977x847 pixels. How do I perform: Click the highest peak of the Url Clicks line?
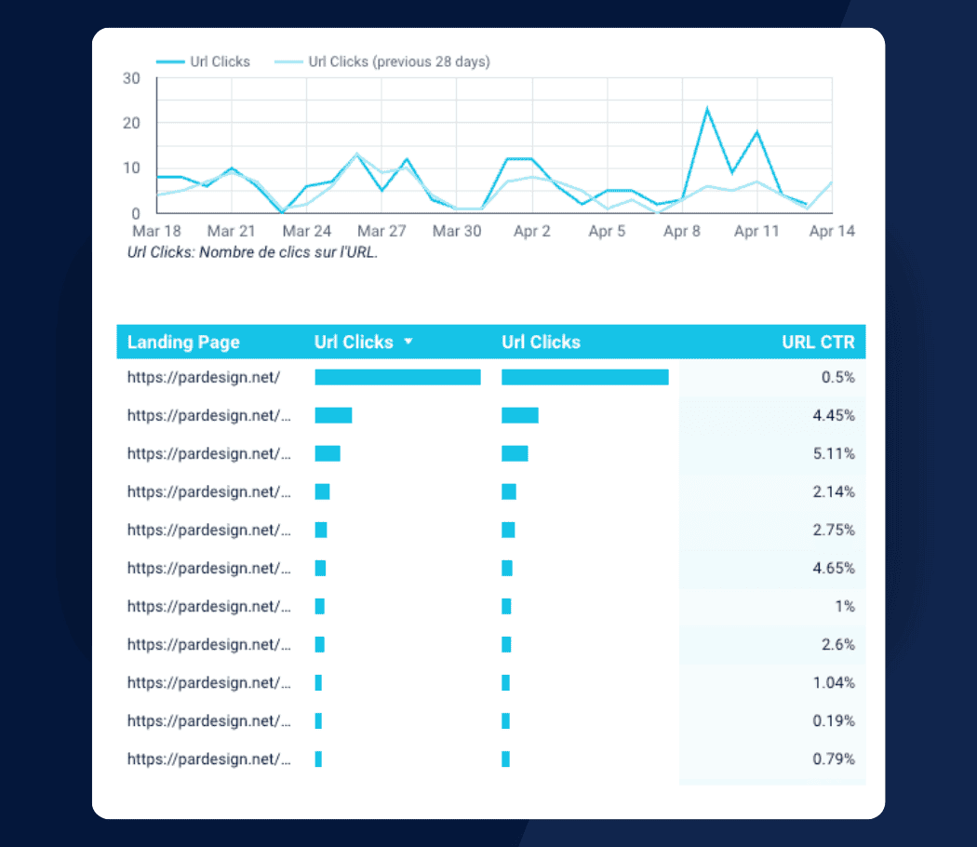coord(707,109)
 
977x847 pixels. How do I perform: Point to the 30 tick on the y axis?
coord(131,78)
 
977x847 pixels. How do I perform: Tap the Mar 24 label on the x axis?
coord(307,231)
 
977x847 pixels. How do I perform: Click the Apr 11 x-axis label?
coord(756,231)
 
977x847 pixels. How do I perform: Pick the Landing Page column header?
coord(183,343)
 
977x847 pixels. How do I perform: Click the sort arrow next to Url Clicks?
coord(408,343)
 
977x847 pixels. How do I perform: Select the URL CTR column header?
coord(818,343)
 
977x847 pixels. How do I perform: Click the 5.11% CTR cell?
coord(833,453)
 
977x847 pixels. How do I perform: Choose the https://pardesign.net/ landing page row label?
coord(204,377)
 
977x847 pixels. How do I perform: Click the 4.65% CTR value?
coord(833,568)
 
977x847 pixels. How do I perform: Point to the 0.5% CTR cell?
coord(838,377)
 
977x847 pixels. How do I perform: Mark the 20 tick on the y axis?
coord(131,123)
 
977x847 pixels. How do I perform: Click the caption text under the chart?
coord(252,252)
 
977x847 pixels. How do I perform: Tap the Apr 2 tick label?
coord(532,231)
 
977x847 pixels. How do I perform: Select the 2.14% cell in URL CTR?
coord(833,491)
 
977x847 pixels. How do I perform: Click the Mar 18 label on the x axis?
coord(156,231)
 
